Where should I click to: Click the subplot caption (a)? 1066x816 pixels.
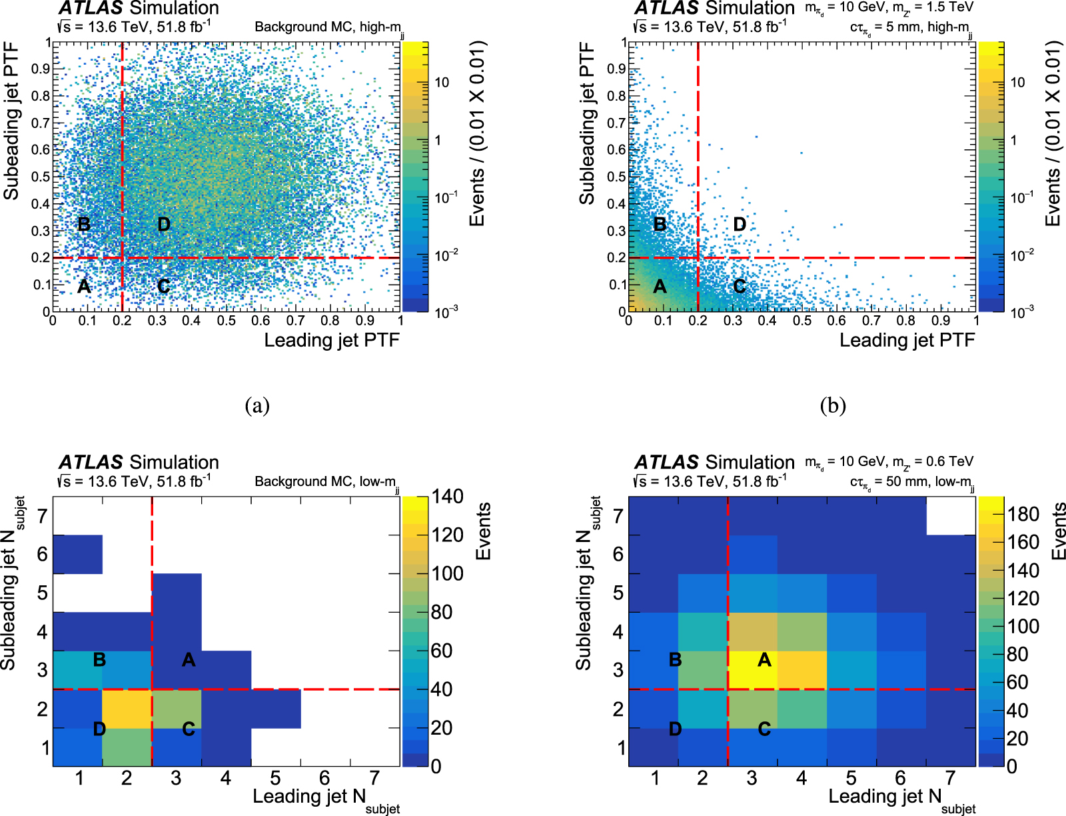[257, 405]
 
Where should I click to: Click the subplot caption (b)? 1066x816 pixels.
[833, 405]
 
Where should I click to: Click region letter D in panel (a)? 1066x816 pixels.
[164, 225]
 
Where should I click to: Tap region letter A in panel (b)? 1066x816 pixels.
[660, 287]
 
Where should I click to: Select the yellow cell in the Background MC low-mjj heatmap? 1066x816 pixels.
[127, 709]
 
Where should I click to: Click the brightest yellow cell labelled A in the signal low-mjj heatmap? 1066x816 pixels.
[752, 670]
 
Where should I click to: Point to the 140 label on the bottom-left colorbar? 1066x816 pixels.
[447, 497]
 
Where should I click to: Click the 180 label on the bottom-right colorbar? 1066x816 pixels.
[1023, 514]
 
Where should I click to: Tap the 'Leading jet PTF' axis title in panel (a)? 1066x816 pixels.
[331, 340]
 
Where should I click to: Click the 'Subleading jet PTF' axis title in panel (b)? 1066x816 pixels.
[586, 123]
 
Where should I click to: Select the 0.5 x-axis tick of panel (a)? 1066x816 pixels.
[227, 321]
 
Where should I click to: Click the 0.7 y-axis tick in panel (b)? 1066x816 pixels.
[617, 123]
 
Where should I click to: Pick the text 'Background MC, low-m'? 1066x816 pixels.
[325, 481]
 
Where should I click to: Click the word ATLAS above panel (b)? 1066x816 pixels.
[666, 9]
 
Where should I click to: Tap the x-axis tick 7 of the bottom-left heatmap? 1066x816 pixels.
[374, 778]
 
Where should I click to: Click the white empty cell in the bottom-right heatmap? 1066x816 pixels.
[951, 515]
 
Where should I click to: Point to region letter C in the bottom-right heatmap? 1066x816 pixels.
[764, 729]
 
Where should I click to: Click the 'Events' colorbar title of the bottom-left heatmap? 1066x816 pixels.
[483, 531]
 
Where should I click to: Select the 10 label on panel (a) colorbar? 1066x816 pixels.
[442, 83]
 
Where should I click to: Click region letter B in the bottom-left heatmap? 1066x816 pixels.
[99, 660]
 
